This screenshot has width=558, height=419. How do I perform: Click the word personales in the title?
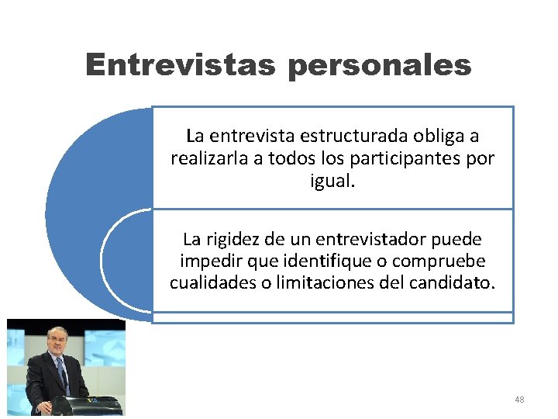379,66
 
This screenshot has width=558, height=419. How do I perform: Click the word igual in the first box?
331,182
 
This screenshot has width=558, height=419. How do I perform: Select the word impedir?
206,261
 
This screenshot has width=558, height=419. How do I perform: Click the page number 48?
519,400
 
